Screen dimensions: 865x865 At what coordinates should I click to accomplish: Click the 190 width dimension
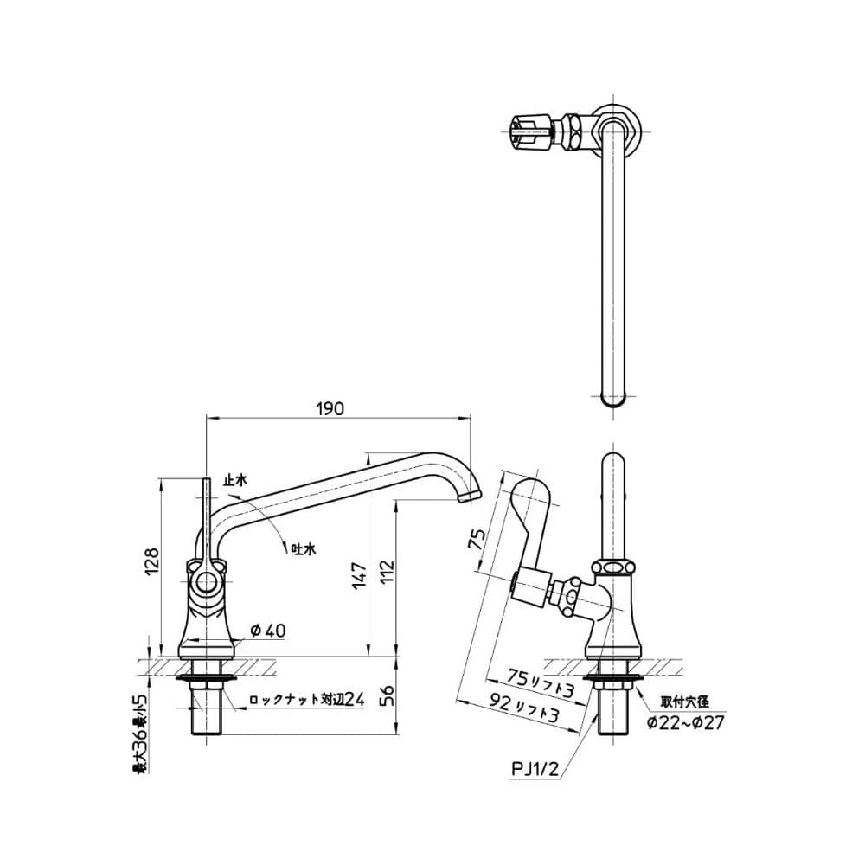(330, 409)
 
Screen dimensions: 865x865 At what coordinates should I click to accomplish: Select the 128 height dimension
(152, 561)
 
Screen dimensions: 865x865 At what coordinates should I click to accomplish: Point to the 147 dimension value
(360, 575)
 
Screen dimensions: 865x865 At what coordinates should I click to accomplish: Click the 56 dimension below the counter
(388, 695)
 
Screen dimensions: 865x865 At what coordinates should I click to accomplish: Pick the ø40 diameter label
(268, 630)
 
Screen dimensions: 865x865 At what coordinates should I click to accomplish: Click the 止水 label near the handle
(235, 480)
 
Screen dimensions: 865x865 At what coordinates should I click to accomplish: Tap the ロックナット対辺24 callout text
(307, 700)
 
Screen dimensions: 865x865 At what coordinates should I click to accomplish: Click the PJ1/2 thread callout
(535, 768)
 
